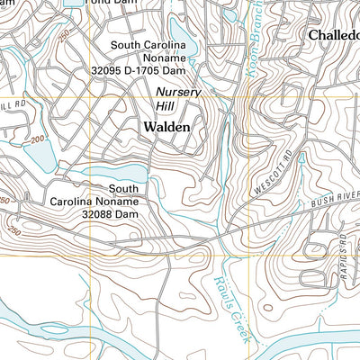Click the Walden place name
pos(166,128)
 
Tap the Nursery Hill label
pos(178,99)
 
